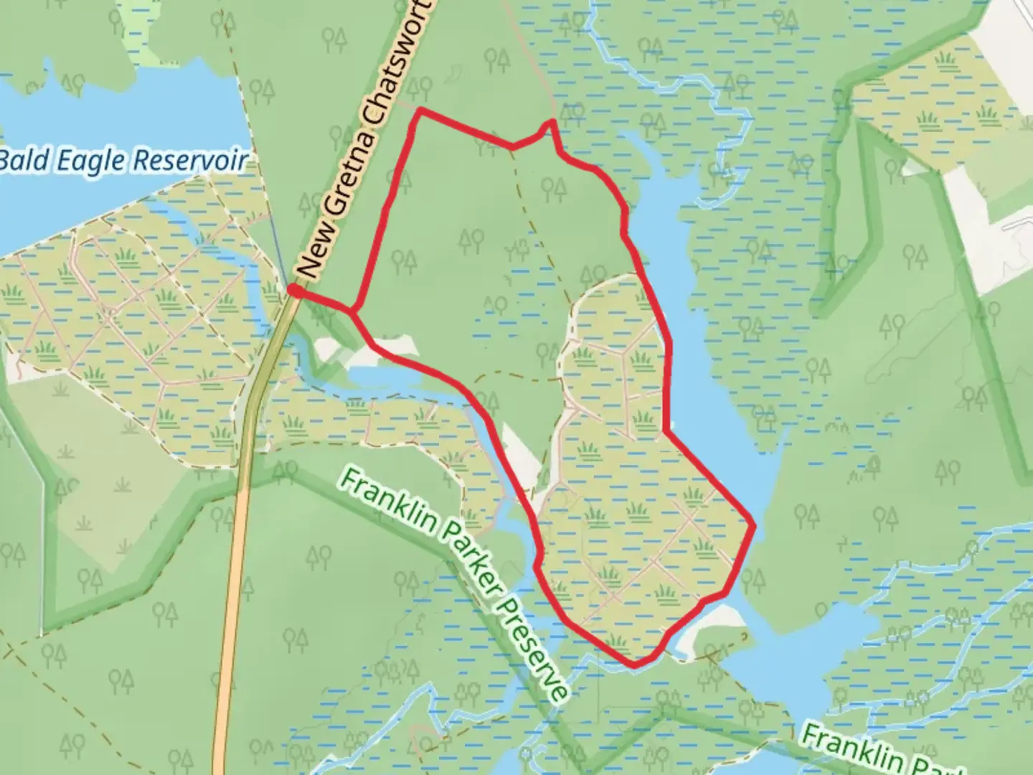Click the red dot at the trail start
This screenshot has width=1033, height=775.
pyautogui.click(x=293, y=290)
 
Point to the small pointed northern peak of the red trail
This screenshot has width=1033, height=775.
pyautogui.click(x=552, y=122)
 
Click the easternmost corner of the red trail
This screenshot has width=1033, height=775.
pyautogui.click(x=754, y=525)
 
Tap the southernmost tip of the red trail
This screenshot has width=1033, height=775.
pyautogui.click(x=634, y=665)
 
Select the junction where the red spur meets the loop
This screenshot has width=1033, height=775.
pyautogui.click(x=353, y=311)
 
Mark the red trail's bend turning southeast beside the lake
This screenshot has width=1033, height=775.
pyautogui.click(x=667, y=432)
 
